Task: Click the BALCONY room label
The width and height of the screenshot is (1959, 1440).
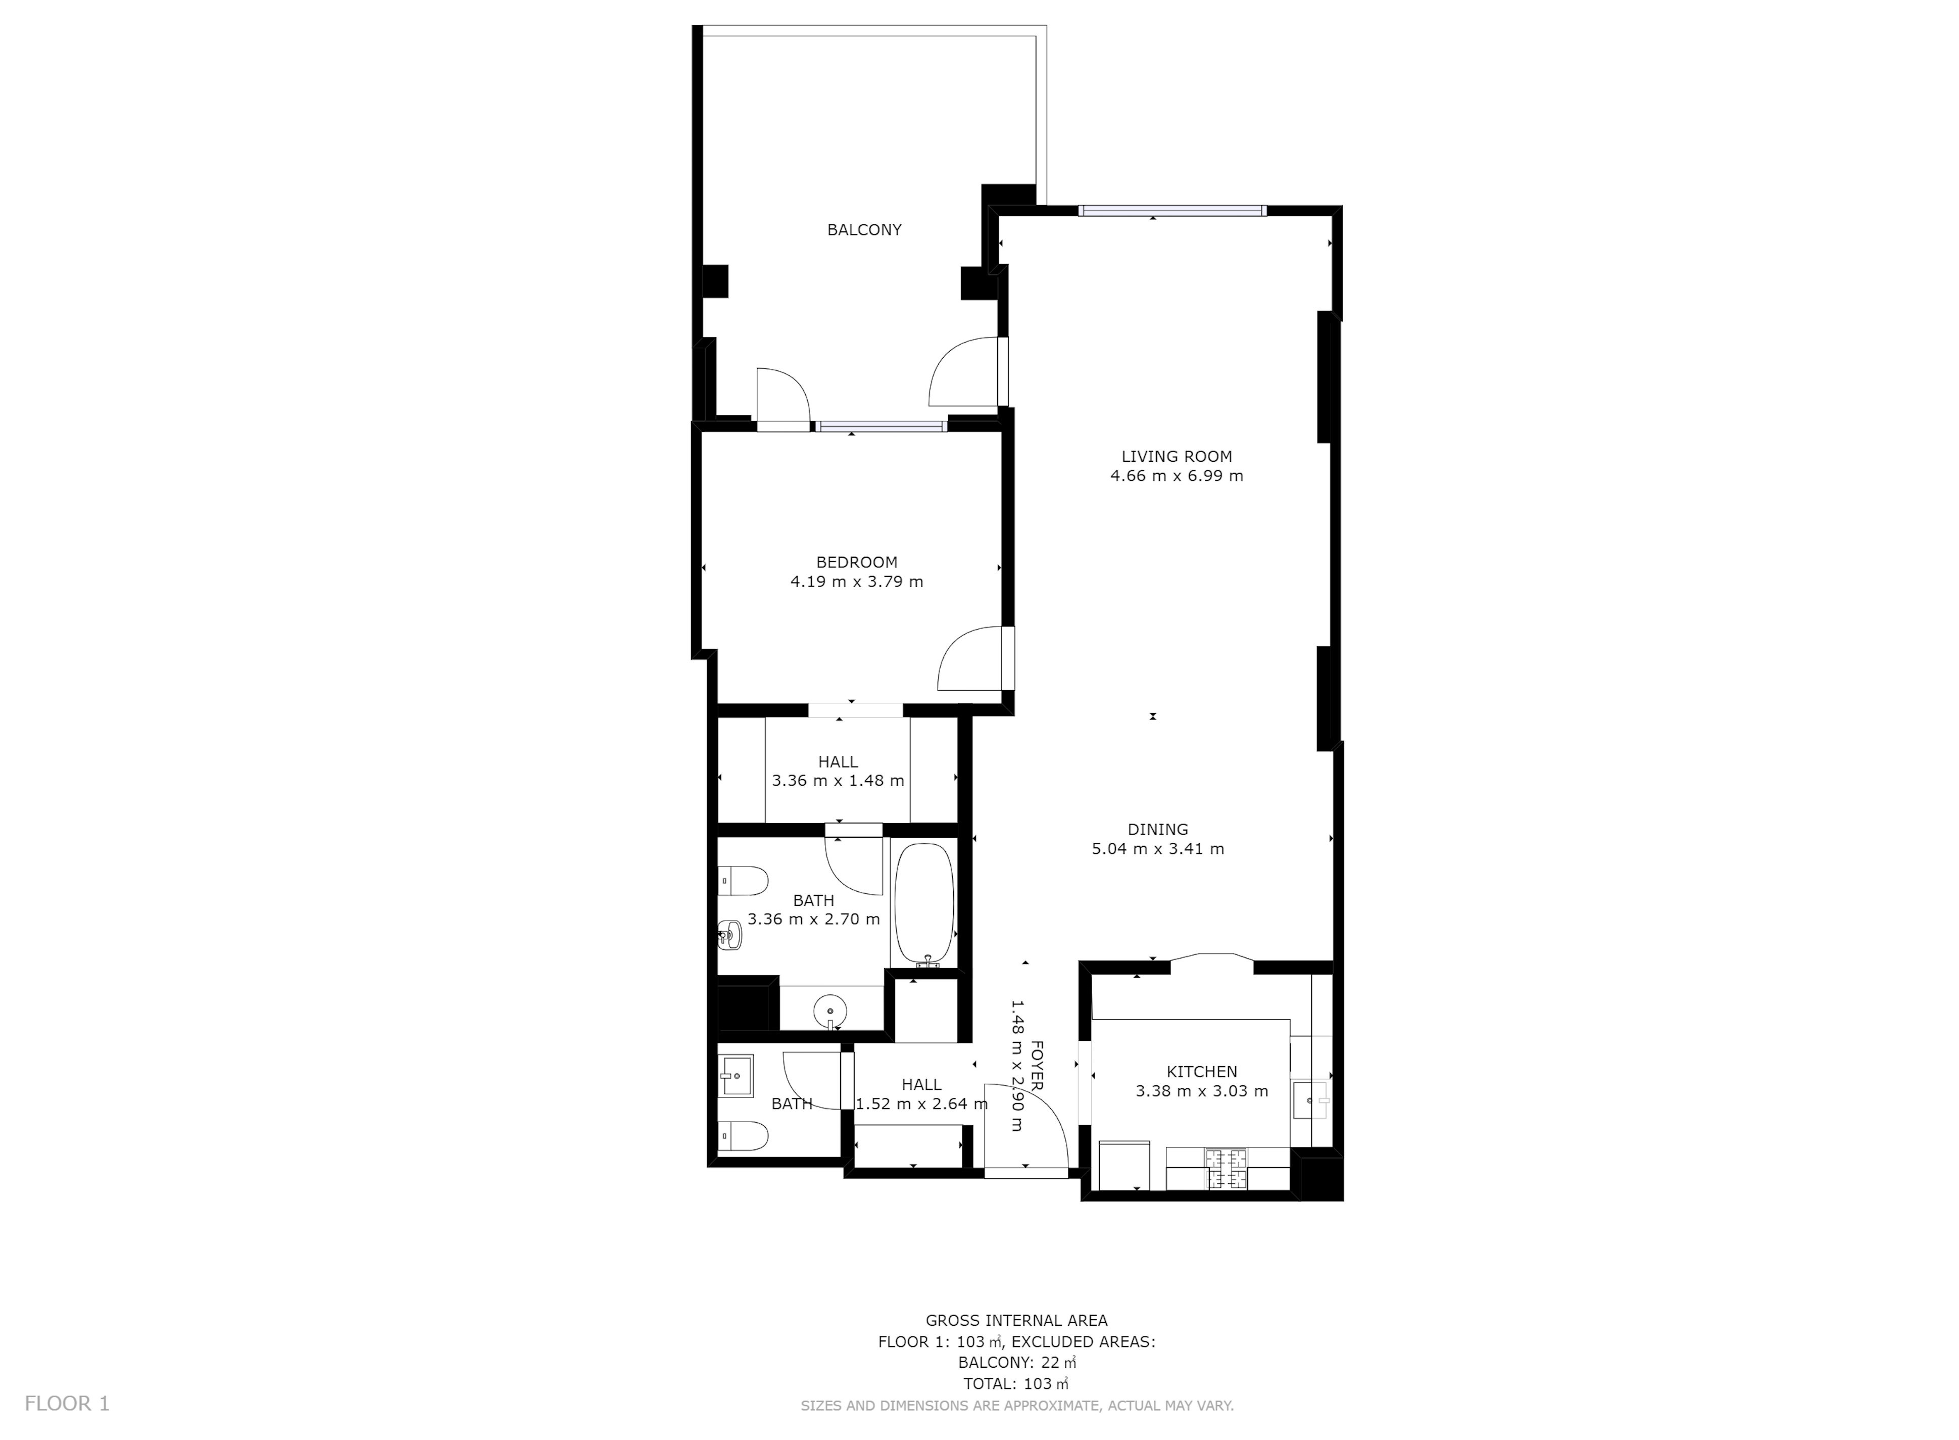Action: click(864, 230)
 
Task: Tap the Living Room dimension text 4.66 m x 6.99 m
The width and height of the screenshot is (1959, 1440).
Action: click(1177, 476)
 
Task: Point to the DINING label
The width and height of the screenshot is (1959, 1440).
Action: click(1157, 829)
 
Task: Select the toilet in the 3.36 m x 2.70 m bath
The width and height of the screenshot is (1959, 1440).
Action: click(743, 880)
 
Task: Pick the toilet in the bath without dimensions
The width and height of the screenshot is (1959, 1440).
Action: click(743, 1136)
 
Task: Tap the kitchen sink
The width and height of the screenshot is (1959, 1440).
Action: click(1310, 1100)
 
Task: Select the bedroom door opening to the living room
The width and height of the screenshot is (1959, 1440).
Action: click(974, 659)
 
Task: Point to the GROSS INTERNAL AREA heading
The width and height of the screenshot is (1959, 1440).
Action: click(1016, 1321)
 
